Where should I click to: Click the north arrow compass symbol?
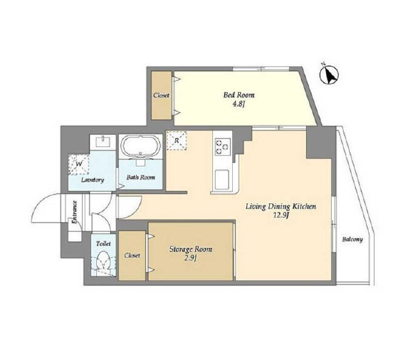[x=329, y=74]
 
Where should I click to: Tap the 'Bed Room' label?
[x=239, y=95]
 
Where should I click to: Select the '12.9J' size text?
[x=281, y=215]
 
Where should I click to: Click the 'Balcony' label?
[x=352, y=240]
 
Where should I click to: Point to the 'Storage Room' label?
[x=191, y=249]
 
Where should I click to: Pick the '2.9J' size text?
[x=190, y=258]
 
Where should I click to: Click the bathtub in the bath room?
[x=140, y=146]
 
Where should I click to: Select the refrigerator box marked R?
[x=176, y=140]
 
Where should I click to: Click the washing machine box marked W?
[x=79, y=165]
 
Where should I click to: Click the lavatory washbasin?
[x=103, y=142]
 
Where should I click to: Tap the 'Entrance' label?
[x=74, y=212]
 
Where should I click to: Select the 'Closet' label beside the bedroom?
[x=161, y=95]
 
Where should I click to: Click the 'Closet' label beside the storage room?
[x=132, y=255]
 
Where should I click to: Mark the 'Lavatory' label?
[x=92, y=180]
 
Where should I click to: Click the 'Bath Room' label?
[x=140, y=177]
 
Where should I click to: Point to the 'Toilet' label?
[x=103, y=243]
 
